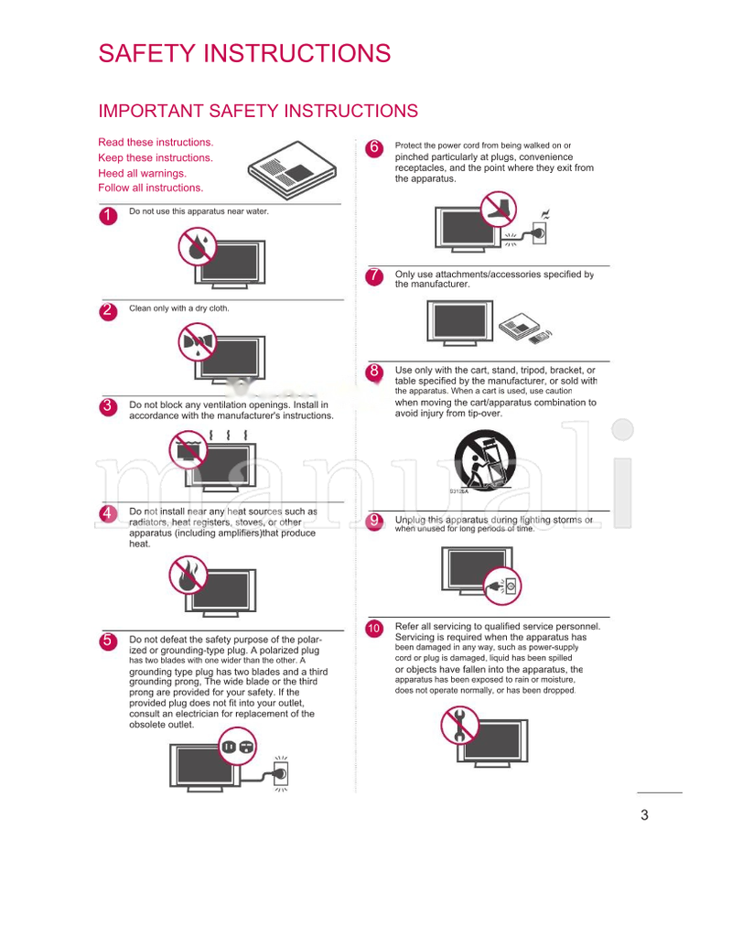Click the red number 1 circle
pyautogui.click(x=107, y=215)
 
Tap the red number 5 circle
pyautogui.click(x=107, y=641)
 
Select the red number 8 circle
pyautogui.click(x=373, y=372)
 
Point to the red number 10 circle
pyautogui.click(x=373, y=629)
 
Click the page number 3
pyautogui.click(x=644, y=815)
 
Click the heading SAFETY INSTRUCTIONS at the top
pyautogui.click(x=244, y=54)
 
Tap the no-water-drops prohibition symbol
pyautogui.click(x=197, y=244)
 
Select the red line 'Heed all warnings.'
pyautogui.click(x=142, y=173)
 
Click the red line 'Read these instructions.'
pyautogui.click(x=156, y=143)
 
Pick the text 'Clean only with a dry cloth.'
pyautogui.click(x=179, y=308)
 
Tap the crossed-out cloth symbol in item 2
pyautogui.click(x=198, y=344)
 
